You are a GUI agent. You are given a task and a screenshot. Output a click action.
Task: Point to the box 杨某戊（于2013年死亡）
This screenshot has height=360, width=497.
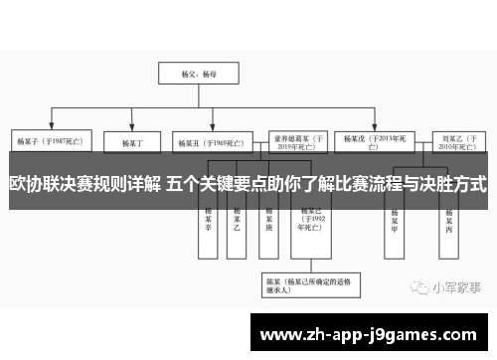coord(370,138)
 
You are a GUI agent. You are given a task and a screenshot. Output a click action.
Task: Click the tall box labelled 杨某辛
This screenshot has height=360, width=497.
coord(209,221)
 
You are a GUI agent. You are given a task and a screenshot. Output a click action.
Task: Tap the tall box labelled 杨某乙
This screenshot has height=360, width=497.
coord(238,221)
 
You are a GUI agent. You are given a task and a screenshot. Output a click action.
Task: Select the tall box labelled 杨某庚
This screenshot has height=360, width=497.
coord(268,221)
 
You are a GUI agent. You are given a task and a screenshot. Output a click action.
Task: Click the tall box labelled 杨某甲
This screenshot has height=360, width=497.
coord(396,221)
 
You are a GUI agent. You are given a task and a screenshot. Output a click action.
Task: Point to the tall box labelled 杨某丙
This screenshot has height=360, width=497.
coord(449,221)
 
